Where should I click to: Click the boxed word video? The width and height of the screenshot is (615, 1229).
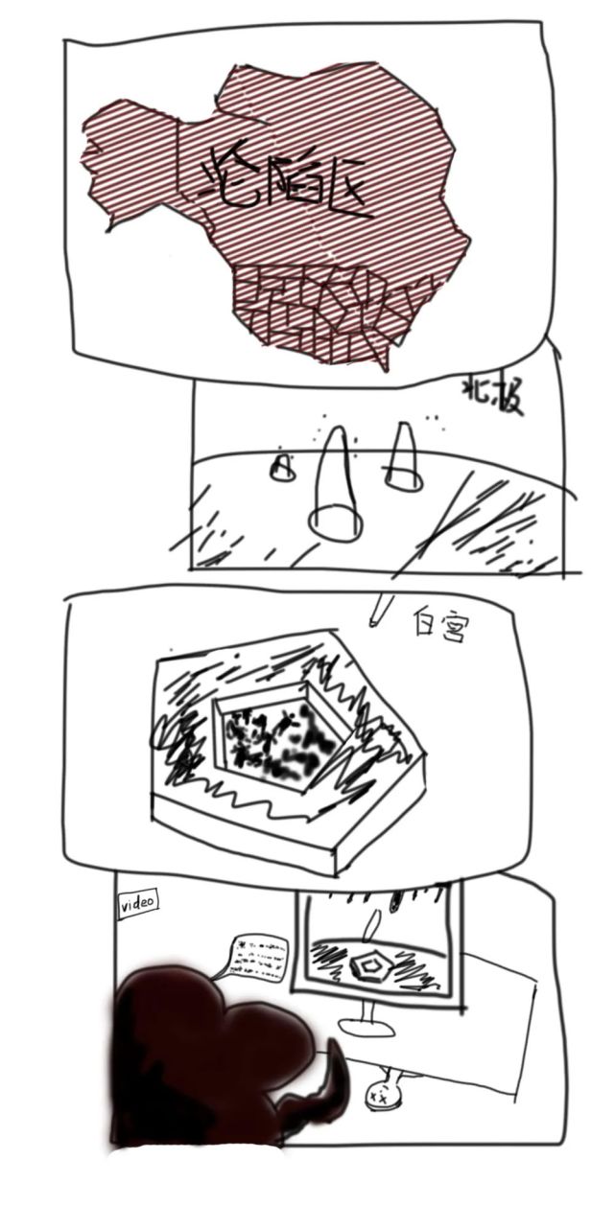click(x=137, y=904)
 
